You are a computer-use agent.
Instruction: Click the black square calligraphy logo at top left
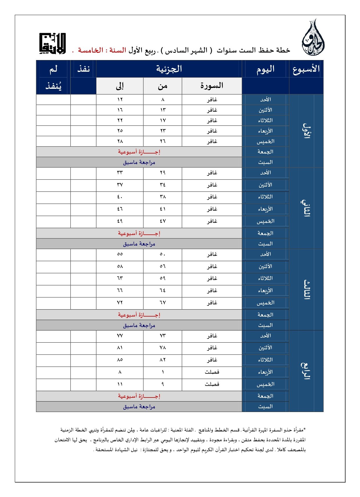[53, 44]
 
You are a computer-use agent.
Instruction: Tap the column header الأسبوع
[306, 69]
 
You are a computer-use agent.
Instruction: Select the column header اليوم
[265, 69]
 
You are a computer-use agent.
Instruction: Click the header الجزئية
[169, 69]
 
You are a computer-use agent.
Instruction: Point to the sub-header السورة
[212, 86]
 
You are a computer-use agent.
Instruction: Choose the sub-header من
[162, 86]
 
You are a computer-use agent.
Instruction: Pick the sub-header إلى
[120, 86]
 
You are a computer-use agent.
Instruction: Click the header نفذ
[83, 69]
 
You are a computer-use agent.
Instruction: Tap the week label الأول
[306, 131]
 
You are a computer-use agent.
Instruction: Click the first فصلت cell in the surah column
[212, 372]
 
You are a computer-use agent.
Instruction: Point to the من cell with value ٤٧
[162, 221]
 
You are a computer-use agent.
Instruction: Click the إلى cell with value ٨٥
[120, 360]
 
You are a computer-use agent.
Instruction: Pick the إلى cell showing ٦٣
[120, 278]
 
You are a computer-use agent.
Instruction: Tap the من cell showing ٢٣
[162, 131]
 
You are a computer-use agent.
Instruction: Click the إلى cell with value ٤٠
[120, 197]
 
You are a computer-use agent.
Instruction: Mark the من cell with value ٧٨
[162, 348]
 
